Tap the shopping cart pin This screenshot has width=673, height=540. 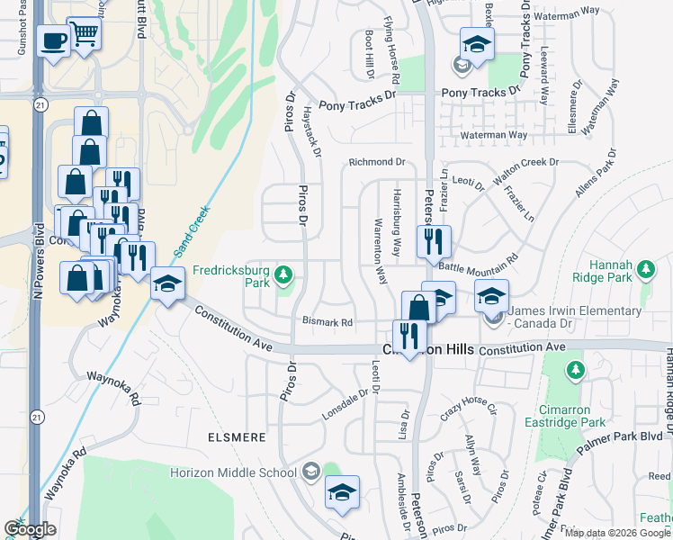[84, 35]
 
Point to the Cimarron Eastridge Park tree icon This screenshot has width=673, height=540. [576, 370]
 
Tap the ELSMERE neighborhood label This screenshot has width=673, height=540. [234, 437]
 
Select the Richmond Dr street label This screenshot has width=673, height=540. [378, 162]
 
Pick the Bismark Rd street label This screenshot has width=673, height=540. [327, 321]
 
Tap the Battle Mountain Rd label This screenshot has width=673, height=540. [478, 261]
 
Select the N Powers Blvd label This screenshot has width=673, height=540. [37, 260]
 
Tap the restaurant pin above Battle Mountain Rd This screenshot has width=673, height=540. [434, 241]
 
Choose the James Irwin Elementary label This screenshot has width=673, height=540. [575, 311]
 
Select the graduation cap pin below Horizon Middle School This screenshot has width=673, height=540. [342, 492]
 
